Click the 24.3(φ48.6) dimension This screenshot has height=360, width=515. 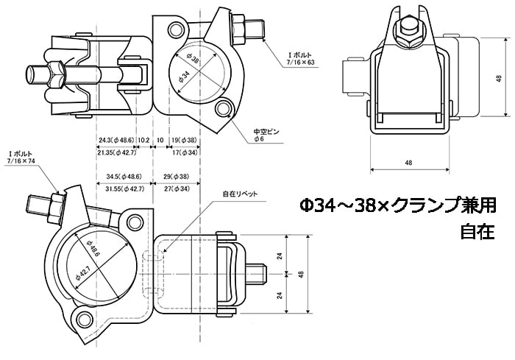[115, 140]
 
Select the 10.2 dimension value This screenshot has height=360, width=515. [143, 140]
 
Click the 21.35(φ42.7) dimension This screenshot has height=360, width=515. [116, 152]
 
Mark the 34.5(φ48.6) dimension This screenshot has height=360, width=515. [119, 177]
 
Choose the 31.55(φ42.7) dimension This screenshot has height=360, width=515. [121, 189]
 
